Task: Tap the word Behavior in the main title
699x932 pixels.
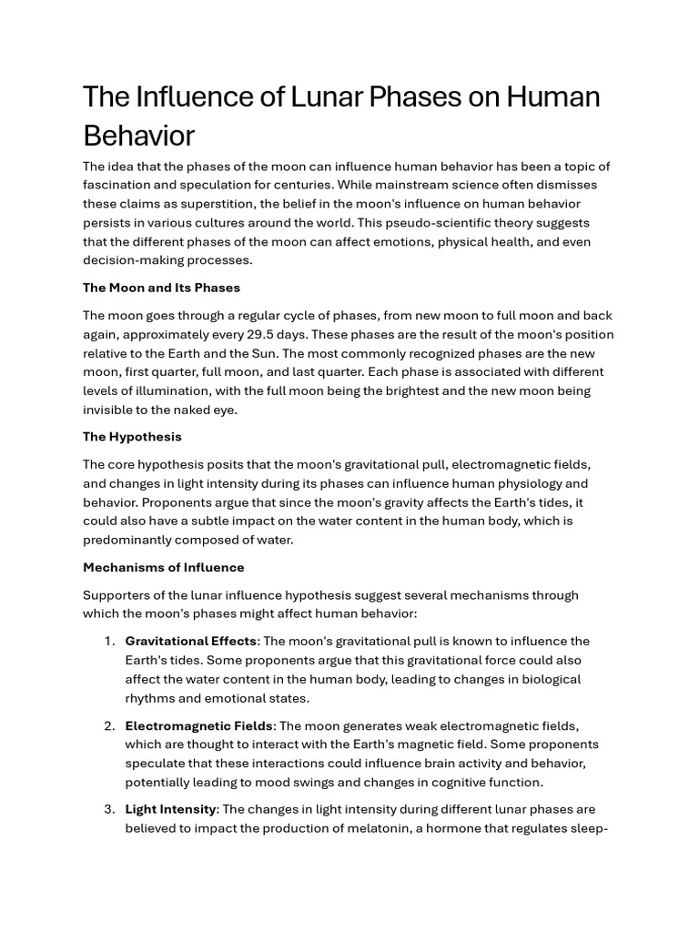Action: pos(138,136)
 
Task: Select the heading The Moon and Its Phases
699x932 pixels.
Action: pos(161,288)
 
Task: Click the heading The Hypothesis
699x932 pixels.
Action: pos(132,437)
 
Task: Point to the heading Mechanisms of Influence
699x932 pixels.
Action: pos(164,567)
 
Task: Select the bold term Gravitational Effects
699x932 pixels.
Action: pos(190,642)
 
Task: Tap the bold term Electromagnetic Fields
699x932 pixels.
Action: pos(198,725)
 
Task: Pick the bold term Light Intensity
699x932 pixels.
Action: pos(170,809)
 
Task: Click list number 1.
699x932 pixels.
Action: pos(109,642)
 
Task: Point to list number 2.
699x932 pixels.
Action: pos(109,725)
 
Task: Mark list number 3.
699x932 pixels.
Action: pos(109,809)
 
